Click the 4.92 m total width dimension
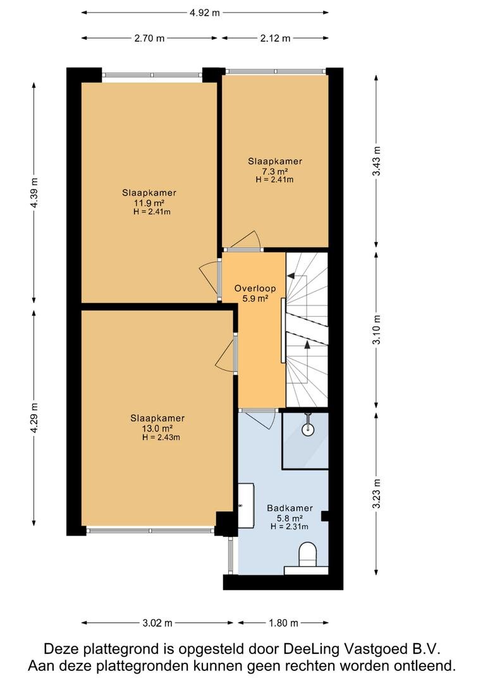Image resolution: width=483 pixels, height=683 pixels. [x=205, y=13]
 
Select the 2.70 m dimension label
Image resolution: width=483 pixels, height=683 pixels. [x=149, y=39]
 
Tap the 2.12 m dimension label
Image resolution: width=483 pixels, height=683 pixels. [x=275, y=39]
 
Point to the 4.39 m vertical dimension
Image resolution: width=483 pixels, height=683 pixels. [x=34, y=192]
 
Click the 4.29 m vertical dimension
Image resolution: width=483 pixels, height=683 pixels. [x=34, y=417]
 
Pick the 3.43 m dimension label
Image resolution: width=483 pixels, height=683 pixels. [x=377, y=161]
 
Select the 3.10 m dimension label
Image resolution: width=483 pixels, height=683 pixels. [x=377, y=329]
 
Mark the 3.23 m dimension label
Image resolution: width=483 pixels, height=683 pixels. [x=377, y=493]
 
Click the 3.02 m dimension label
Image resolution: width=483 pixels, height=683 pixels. [x=157, y=623]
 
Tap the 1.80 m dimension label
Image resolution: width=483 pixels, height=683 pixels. [x=283, y=623]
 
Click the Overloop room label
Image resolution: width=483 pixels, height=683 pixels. [x=255, y=288]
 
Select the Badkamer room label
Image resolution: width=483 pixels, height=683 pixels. [x=290, y=508]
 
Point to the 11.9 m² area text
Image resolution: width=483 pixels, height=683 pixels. [x=149, y=202]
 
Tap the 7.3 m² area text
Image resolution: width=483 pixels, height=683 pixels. [x=275, y=171]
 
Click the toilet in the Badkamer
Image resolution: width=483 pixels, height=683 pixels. [x=308, y=555]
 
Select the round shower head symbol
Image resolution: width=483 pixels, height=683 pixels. [x=309, y=429]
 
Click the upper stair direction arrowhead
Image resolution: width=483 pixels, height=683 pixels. [x=291, y=276]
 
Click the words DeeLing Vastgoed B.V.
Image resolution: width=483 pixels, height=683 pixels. [x=362, y=649]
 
